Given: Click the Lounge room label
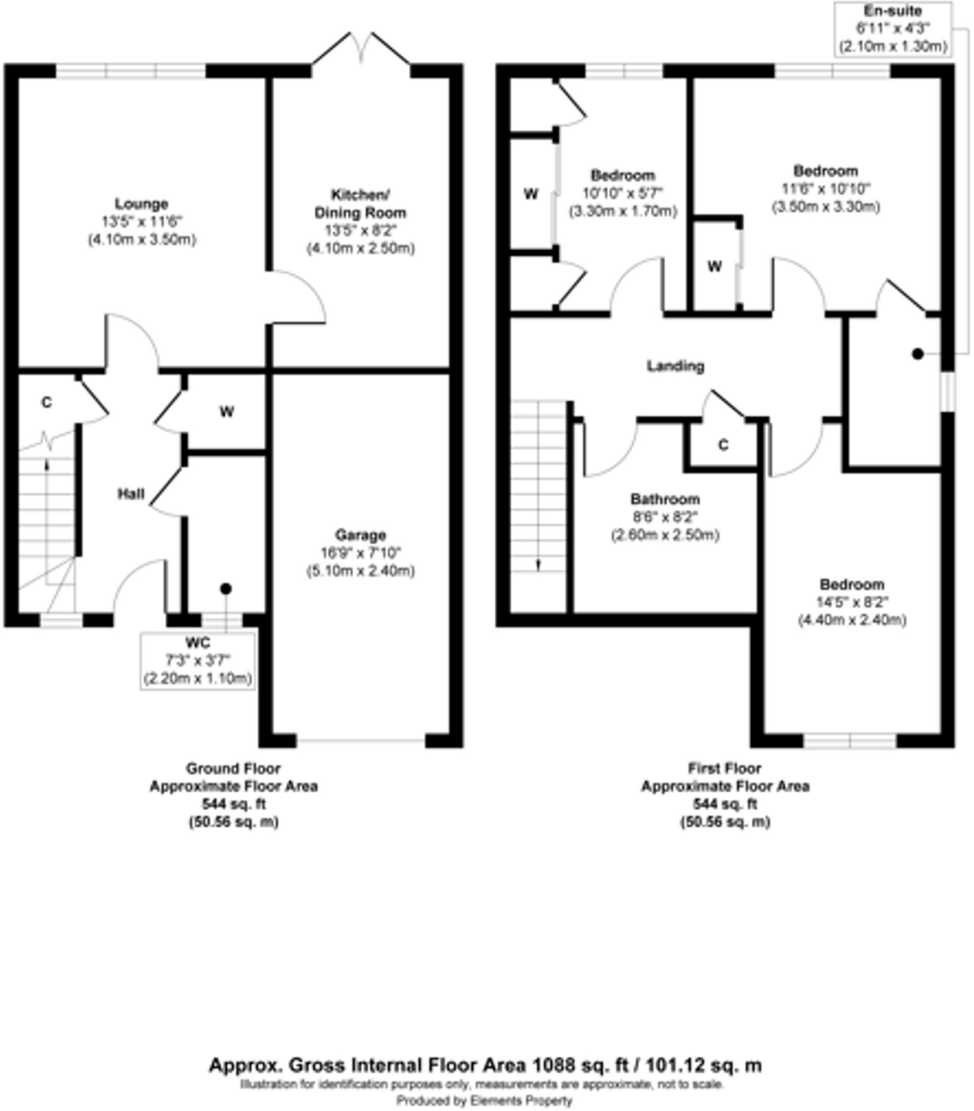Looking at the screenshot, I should [141, 204].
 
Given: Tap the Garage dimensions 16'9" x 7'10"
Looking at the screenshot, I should [360, 553].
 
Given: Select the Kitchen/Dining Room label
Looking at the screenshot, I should [360, 204].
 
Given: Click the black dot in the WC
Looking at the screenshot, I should [226, 589].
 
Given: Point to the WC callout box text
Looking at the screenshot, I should [198, 661].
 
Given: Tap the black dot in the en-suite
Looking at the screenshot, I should [918, 354].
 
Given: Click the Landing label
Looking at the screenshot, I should [675, 366].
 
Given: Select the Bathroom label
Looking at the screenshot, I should [665, 499].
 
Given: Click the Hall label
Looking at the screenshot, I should [131, 494].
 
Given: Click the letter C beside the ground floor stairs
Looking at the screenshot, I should [47, 403].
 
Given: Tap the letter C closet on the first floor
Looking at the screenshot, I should [723, 445].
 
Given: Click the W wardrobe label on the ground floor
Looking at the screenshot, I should [227, 412].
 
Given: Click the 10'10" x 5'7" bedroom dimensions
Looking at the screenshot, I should [623, 194].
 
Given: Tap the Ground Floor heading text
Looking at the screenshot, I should [233, 769].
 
